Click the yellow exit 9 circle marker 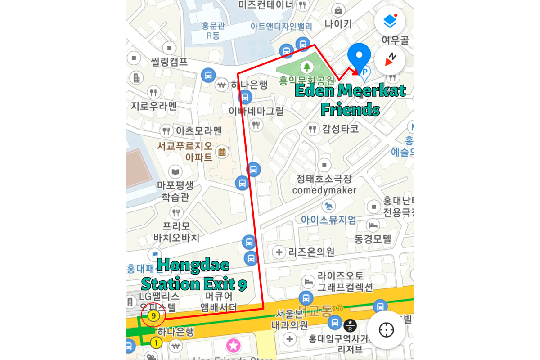[153, 316]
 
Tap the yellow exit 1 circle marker [156, 343]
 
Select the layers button [390, 21]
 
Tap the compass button [390, 60]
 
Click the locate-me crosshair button [386, 330]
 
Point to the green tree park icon [307, 67]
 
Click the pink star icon [234, 346]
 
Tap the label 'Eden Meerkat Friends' [350, 100]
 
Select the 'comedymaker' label [324, 190]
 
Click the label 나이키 [338, 24]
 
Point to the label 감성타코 [340, 129]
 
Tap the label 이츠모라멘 [199, 131]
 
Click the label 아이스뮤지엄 [328, 220]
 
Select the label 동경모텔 [373, 238]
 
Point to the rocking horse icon [328, 207]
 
